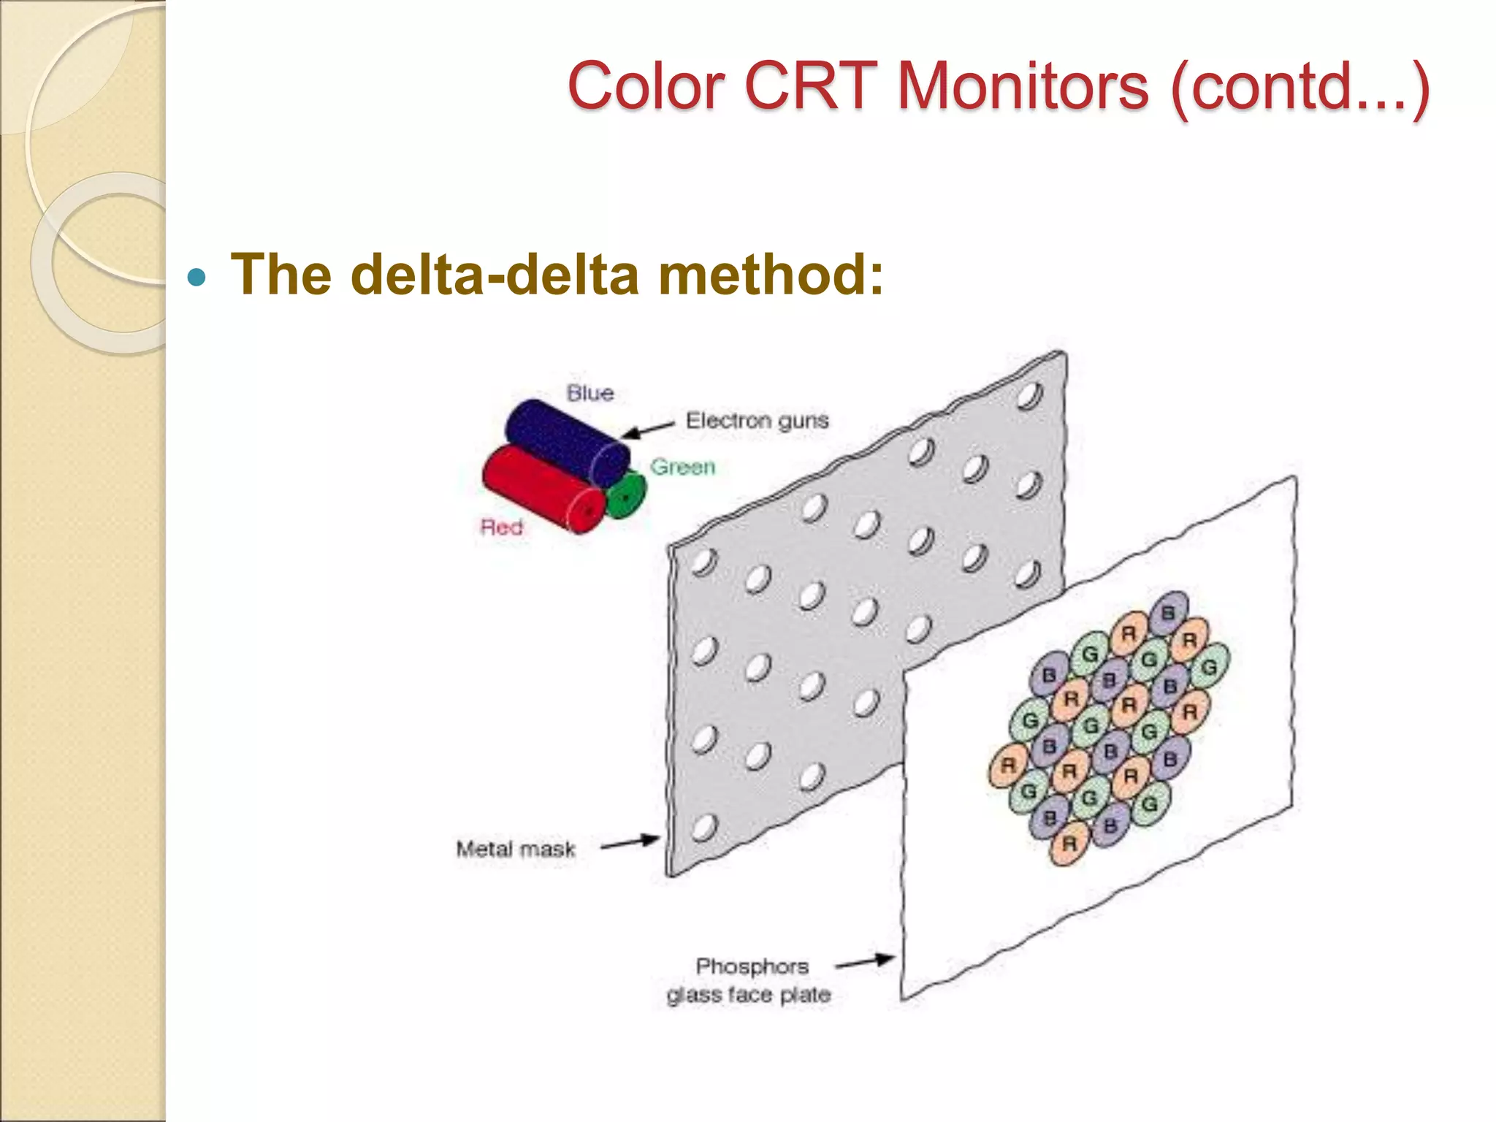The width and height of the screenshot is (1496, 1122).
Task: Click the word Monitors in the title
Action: (1023, 86)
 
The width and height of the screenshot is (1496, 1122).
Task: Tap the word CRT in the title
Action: (811, 86)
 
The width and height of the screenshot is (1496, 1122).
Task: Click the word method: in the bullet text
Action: (771, 274)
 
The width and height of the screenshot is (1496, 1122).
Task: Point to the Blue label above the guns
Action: (590, 393)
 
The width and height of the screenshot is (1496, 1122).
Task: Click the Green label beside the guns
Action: (682, 467)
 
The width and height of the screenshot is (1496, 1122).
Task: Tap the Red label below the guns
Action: (501, 527)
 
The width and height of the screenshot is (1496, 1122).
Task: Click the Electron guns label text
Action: (757, 421)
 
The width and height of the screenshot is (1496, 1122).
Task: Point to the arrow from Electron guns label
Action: (647, 430)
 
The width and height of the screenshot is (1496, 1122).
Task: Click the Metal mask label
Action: (516, 849)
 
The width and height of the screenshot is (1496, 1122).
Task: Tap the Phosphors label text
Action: (752, 966)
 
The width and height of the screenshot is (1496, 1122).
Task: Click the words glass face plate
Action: (749, 995)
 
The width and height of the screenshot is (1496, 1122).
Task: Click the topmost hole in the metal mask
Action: (1029, 396)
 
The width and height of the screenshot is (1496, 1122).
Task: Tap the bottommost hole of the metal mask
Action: (705, 828)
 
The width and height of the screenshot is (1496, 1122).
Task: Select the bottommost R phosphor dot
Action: (1069, 844)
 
